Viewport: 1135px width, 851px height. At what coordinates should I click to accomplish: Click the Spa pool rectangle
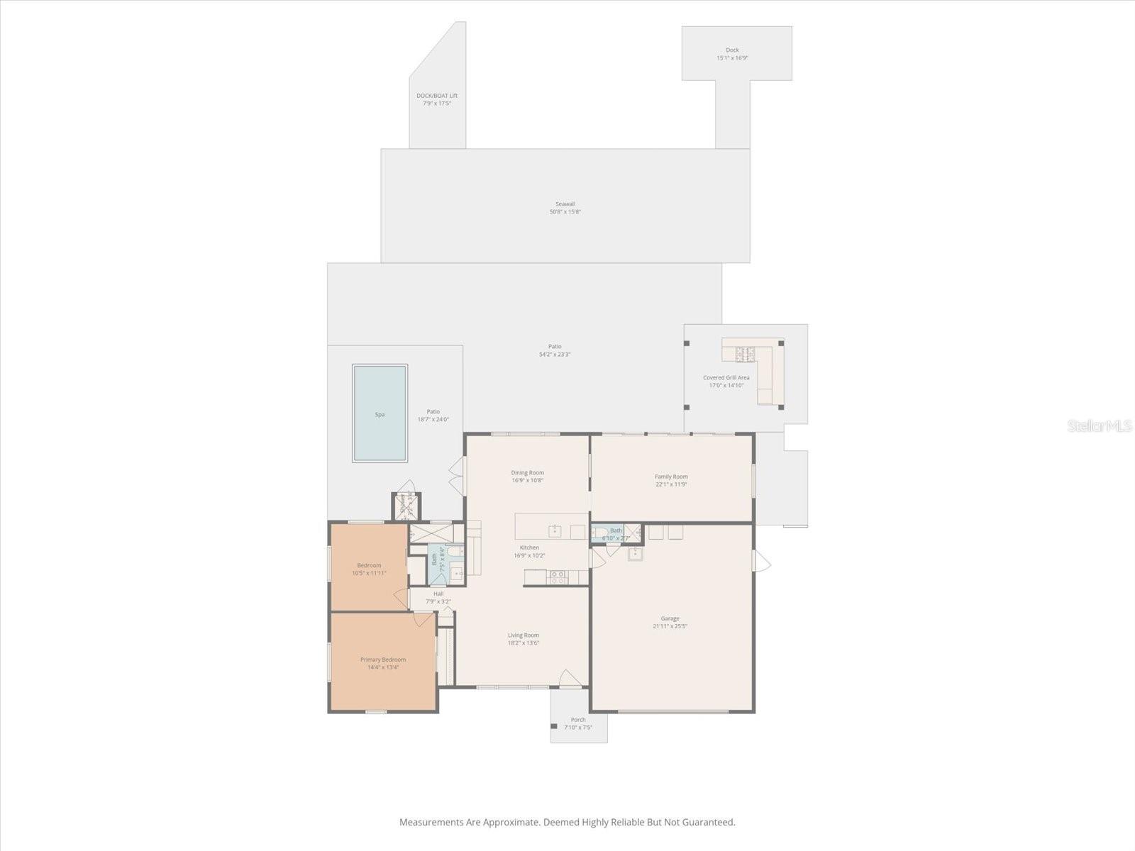click(x=380, y=413)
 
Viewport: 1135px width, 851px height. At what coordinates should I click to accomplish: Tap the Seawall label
click(x=565, y=204)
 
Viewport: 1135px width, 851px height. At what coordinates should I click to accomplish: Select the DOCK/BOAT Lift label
click(x=437, y=96)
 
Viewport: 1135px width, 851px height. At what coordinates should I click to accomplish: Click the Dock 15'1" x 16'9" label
click(x=732, y=54)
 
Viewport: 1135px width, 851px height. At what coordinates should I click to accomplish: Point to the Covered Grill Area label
click(x=726, y=378)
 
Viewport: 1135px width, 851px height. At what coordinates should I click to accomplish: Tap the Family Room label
click(x=671, y=477)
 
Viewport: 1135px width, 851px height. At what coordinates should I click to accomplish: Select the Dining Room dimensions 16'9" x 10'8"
click(x=528, y=481)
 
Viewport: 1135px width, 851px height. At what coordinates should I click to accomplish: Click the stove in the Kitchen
click(x=558, y=577)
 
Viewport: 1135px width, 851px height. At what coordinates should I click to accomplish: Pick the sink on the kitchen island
click(x=555, y=531)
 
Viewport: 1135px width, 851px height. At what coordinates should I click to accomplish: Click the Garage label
click(x=670, y=618)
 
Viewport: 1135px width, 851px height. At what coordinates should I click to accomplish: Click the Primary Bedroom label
click(x=383, y=660)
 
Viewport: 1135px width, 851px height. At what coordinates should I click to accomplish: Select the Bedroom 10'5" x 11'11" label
click(x=369, y=569)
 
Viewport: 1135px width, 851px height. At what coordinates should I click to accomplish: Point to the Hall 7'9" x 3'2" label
click(x=438, y=597)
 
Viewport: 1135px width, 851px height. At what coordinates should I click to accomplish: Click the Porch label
click(x=578, y=720)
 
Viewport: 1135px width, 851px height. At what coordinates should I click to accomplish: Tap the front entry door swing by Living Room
click(x=570, y=679)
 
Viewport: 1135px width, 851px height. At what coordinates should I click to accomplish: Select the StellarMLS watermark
click(x=1099, y=425)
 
